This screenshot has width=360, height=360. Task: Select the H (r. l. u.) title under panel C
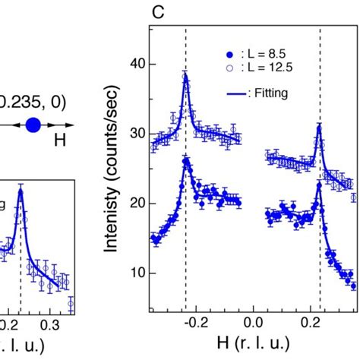coord(253,346)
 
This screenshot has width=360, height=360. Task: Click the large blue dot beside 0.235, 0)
coord(33,125)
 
